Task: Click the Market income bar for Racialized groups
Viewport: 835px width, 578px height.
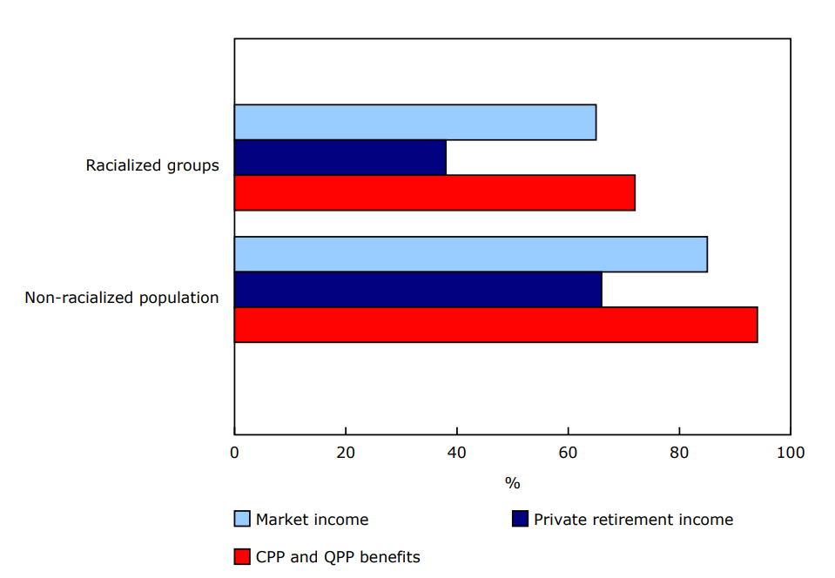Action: [414, 122]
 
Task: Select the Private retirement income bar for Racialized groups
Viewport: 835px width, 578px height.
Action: [340, 158]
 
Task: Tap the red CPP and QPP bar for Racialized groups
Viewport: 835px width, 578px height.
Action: [434, 192]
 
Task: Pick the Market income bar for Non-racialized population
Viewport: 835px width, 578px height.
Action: [470, 254]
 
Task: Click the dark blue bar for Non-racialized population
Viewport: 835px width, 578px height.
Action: [417, 290]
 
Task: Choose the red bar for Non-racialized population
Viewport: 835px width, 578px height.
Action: [495, 325]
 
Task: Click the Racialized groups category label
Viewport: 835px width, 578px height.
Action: [152, 165]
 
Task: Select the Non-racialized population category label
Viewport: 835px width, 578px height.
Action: [122, 298]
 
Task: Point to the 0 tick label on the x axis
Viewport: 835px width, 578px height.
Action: [234, 453]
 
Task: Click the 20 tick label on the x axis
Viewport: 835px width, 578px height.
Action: [346, 453]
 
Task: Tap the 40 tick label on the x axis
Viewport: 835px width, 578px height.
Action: [456, 453]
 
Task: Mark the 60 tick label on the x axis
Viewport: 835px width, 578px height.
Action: [568, 453]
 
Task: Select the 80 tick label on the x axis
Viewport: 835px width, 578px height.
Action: [679, 453]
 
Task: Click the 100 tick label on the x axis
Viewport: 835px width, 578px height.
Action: [790, 453]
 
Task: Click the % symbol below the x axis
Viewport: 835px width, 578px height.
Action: [512, 483]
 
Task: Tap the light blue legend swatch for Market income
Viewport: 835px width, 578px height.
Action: [242, 520]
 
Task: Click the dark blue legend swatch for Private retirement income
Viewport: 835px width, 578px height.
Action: [520, 520]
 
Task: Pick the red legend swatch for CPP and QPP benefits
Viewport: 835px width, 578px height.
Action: [242, 556]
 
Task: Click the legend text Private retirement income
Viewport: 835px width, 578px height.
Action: [633, 520]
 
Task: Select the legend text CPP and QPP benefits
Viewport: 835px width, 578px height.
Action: [338, 556]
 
